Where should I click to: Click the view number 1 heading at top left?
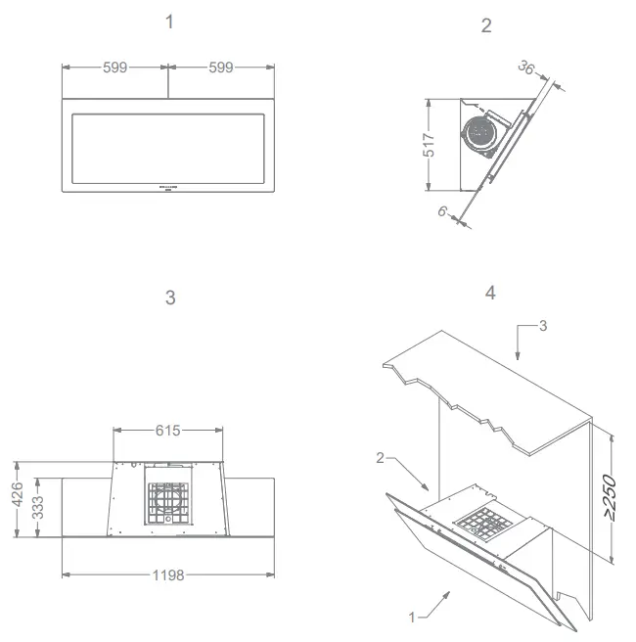[x=169, y=22]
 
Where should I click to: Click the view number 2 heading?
[x=487, y=25]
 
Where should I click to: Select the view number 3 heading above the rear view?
[x=170, y=298]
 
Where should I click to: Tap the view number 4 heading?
[x=490, y=292]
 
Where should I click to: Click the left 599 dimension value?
[x=115, y=68]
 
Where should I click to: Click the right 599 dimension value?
[x=221, y=68]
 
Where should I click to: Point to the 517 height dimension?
[x=429, y=144]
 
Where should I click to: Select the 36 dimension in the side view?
[x=527, y=69]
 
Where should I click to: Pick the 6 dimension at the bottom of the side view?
[x=442, y=210]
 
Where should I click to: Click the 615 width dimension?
[x=168, y=430]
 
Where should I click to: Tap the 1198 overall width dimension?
[x=168, y=574]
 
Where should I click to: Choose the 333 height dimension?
[x=38, y=507]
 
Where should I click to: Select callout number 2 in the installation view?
[x=382, y=457]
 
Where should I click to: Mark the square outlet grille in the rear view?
[x=166, y=503]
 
